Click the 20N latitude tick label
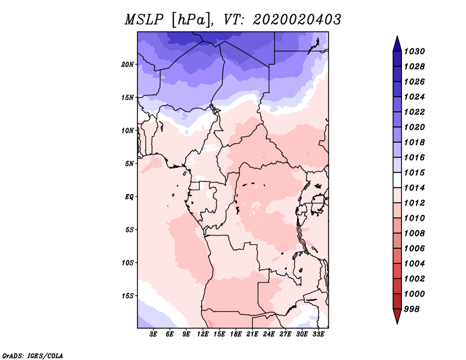(128, 65)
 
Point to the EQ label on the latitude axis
(129, 197)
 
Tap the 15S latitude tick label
(128, 296)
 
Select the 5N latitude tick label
(129, 164)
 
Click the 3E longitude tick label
(153, 334)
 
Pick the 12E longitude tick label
(203, 334)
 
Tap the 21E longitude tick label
(252, 334)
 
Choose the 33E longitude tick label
(318, 334)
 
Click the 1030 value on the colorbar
(415, 51)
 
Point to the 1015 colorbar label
(415, 172)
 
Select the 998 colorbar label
(412, 309)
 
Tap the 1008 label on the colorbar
(415, 234)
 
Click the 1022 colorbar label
(415, 112)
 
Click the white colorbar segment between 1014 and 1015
(397, 180)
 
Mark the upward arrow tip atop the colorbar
(397, 36)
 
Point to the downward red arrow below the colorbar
(397, 316)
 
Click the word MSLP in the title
(144, 20)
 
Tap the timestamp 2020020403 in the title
(297, 20)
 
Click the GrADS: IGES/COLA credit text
(33, 355)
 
